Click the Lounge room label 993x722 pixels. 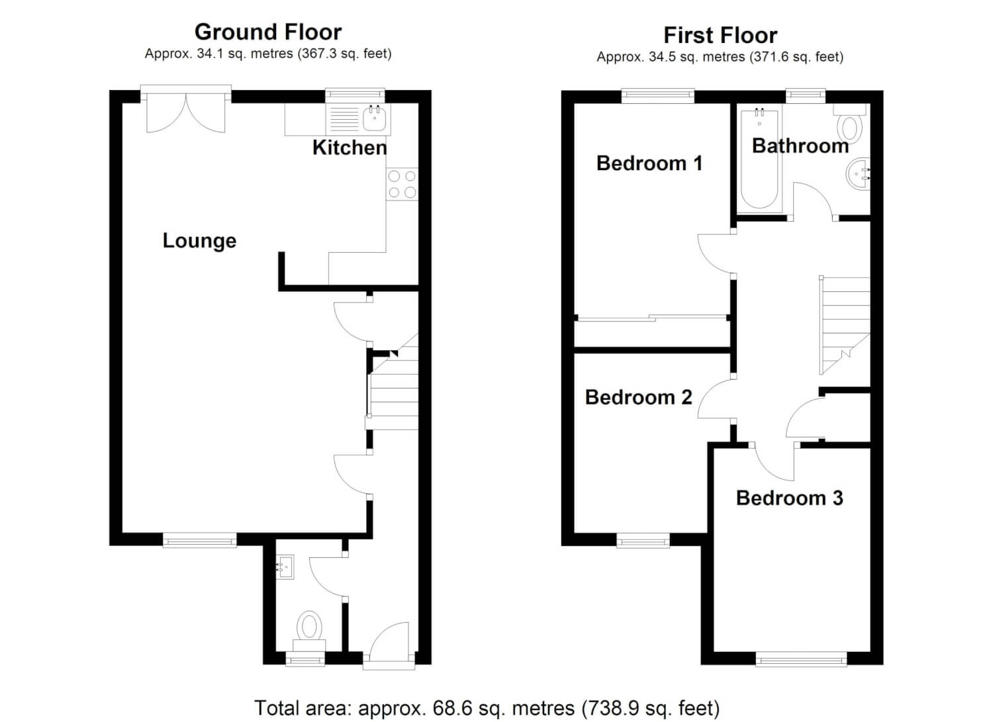tap(199, 241)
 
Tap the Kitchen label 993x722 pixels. tap(350, 148)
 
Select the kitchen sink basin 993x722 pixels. tap(374, 118)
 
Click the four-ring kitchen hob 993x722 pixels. tap(402, 185)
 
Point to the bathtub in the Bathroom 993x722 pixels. tap(759, 158)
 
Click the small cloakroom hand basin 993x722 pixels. tap(285, 567)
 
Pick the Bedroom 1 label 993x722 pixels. tap(649, 163)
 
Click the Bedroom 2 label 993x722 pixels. tap(638, 397)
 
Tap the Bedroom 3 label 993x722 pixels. tap(790, 498)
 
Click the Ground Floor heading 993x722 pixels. tap(267, 32)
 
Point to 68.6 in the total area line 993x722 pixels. tap(453, 708)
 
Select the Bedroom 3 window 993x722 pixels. tap(801, 660)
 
